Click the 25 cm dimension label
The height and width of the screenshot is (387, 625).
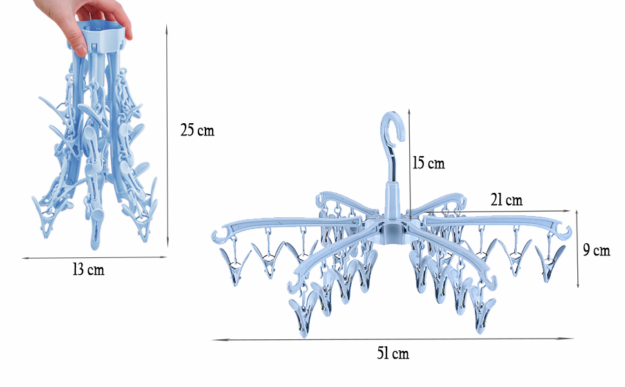[197, 130]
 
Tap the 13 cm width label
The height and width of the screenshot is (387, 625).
[88, 270]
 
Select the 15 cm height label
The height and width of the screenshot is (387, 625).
[428, 163]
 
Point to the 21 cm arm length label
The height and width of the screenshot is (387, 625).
[506, 200]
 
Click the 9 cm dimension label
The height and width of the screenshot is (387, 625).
[597, 250]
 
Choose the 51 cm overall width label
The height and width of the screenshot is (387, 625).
[393, 353]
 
